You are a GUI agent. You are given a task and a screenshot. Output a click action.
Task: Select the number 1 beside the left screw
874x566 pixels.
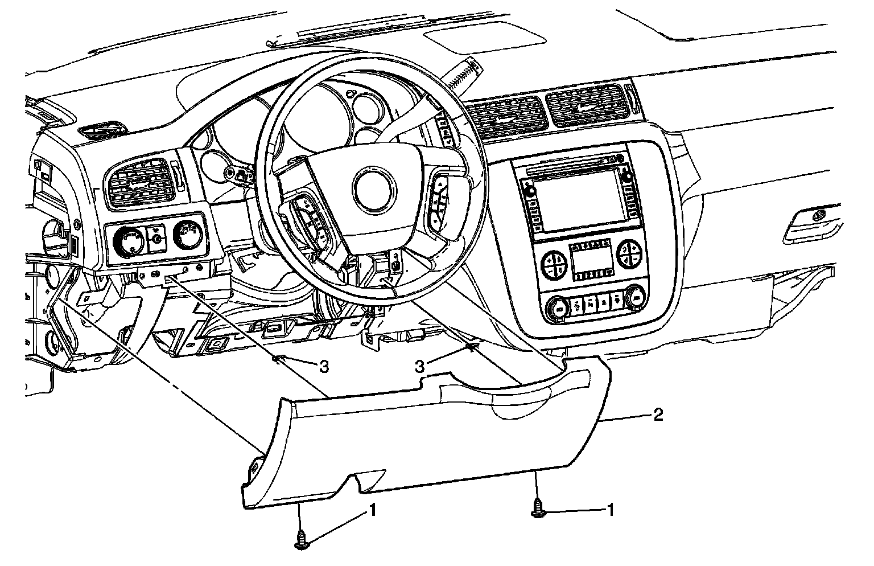pos(373,511)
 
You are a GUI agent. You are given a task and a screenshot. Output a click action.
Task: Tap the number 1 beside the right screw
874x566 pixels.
pos(611,511)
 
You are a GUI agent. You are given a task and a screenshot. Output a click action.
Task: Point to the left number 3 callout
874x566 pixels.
pos(323,367)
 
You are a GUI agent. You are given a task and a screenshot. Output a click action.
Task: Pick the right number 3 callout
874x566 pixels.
pos(419,367)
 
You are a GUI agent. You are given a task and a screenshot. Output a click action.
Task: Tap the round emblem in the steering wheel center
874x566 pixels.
pos(373,187)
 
